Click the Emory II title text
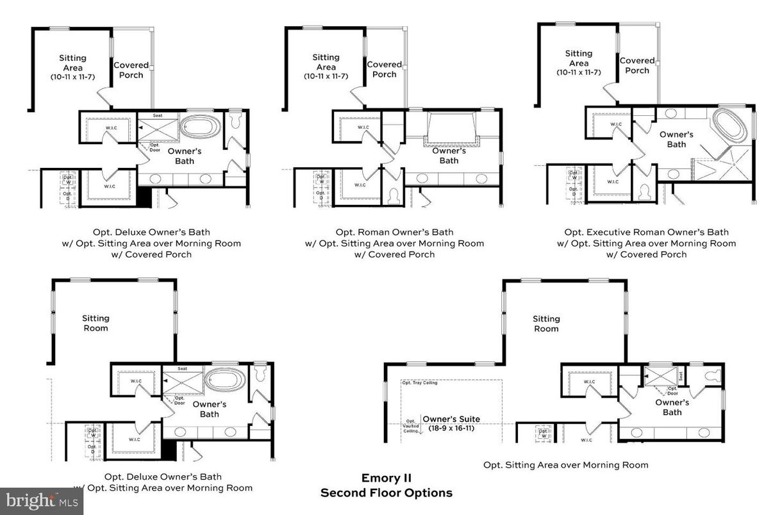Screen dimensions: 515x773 tap(386, 478)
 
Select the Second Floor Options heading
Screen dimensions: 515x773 tap(386, 493)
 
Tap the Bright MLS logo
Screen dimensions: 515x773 tap(41, 501)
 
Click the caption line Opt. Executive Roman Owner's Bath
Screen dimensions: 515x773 tap(646, 232)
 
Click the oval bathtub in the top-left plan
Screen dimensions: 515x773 tap(201, 126)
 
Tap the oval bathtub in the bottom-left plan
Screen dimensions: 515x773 tap(224, 379)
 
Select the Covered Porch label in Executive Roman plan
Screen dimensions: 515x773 tap(637, 65)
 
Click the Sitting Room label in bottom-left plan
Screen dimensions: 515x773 tap(96, 323)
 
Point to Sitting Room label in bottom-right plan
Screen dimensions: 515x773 tap(546, 323)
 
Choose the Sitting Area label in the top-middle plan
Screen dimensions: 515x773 tap(326, 62)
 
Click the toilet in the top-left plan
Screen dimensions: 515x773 tap(235, 120)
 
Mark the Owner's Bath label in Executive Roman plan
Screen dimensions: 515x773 tap(676, 139)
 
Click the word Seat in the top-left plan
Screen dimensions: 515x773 tap(158, 116)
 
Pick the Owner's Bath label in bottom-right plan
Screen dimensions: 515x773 tap(672, 407)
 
